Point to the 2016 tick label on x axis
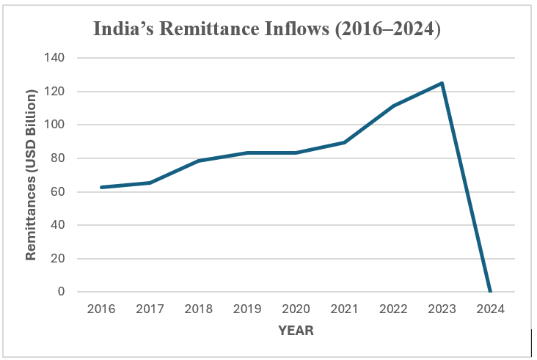(x=101, y=309)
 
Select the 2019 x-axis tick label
(x=247, y=309)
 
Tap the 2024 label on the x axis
(x=490, y=309)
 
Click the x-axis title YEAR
(x=296, y=331)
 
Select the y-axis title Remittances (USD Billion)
(x=32, y=175)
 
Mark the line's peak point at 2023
(x=442, y=83)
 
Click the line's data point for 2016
(x=101, y=188)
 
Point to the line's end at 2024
(x=490, y=292)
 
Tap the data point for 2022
(x=393, y=106)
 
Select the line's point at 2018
(x=199, y=161)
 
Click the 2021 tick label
(x=344, y=309)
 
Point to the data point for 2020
(x=296, y=153)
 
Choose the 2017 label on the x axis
(x=150, y=309)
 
